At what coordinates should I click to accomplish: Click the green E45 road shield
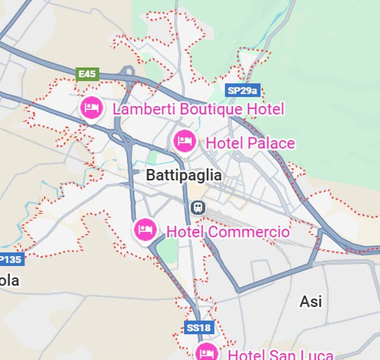(x=87, y=74)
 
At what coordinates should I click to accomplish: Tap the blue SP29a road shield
(x=242, y=90)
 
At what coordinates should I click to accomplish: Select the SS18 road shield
(x=200, y=327)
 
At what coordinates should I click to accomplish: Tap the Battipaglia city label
(x=184, y=175)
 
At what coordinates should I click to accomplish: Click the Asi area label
(x=311, y=301)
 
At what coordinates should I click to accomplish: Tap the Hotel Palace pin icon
(x=185, y=141)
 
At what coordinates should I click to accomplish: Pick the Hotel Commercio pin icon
(x=145, y=230)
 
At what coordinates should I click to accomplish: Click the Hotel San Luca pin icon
(x=206, y=352)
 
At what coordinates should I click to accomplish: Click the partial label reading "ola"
(x=9, y=281)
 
